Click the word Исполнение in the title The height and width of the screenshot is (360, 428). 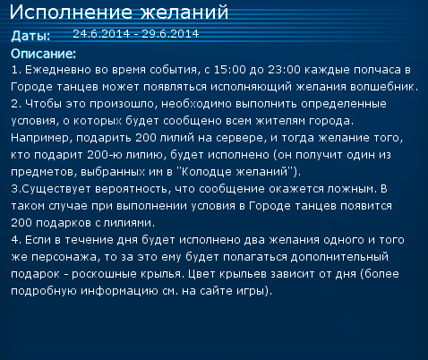click(x=71, y=13)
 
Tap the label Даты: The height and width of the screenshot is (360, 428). click(x=30, y=36)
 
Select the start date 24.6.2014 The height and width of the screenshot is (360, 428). click(x=101, y=34)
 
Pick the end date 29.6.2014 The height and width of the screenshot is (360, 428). click(x=170, y=34)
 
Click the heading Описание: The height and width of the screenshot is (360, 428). click(x=44, y=54)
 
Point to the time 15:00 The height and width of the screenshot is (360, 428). click(x=229, y=70)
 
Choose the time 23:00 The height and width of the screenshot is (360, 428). click(x=284, y=70)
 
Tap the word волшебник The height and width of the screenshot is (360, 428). click(x=384, y=87)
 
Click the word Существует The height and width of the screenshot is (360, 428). click(x=56, y=190)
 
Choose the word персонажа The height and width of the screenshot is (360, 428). click(x=64, y=258)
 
